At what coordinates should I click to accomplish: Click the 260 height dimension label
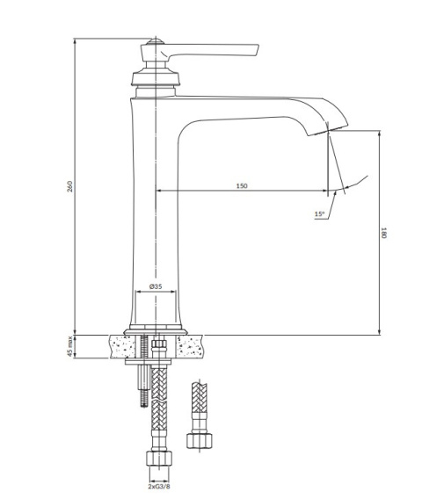(69, 187)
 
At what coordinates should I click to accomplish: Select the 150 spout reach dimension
(241, 185)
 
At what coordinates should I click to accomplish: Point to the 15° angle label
(319, 213)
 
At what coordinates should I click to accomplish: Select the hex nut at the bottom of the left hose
(158, 459)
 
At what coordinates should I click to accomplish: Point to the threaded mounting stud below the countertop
(141, 387)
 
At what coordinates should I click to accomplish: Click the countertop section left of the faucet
(119, 346)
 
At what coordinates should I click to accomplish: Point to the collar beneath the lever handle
(156, 77)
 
